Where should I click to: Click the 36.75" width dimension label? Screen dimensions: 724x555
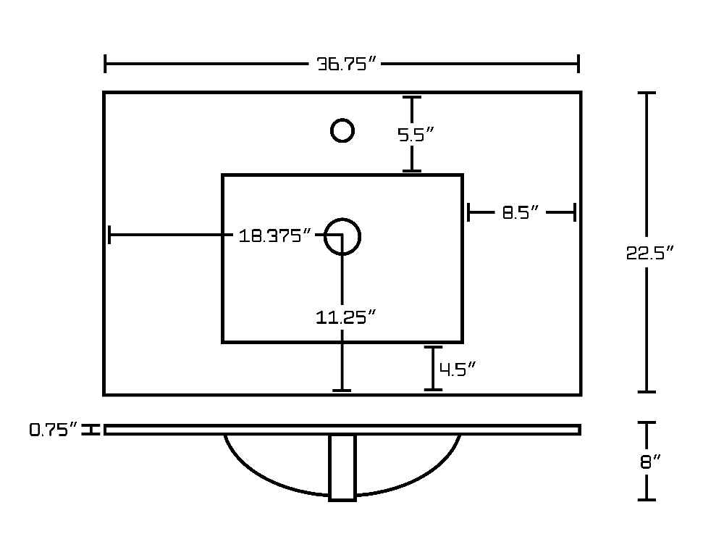(x=347, y=63)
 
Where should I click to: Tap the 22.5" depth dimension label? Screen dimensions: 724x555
(x=649, y=252)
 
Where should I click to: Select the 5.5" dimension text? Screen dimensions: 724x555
(x=416, y=135)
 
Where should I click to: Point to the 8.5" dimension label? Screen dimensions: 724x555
(x=520, y=212)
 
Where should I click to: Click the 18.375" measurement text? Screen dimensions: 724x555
(x=275, y=235)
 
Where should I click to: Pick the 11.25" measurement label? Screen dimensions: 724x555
(x=346, y=317)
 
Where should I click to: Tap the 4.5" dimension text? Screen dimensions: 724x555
(x=457, y=369)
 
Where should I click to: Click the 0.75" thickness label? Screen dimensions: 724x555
(x=53, y=430)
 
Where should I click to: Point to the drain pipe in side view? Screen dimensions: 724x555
(x=342, y=467)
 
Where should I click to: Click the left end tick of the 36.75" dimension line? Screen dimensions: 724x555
(x=105, y=63)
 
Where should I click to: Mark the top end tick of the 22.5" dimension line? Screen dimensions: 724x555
(x=647, y=93)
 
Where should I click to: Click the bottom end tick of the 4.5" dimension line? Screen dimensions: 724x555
(x=433, y=390)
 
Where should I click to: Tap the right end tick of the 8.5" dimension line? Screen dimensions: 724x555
(x=575, y=212)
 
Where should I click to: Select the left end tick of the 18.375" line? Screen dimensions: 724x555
(x=109, y=235)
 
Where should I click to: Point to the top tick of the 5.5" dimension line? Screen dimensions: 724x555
(x=411, y=97)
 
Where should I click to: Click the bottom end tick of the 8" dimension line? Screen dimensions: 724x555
(x=647, y=499)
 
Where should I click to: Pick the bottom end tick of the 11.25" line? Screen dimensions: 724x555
(x=342, y=391)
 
